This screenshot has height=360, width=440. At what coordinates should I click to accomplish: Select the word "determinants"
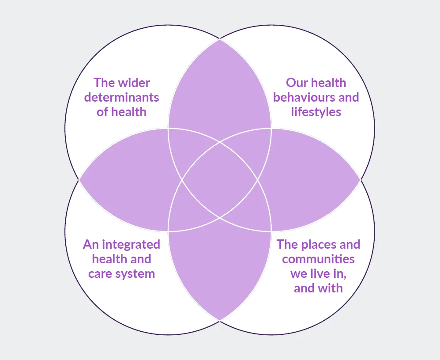[122, 97]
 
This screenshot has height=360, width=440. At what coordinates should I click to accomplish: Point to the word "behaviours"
[301, 97]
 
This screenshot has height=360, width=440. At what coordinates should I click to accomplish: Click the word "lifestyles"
[316, 112]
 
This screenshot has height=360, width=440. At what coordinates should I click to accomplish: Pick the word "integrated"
[132, 244]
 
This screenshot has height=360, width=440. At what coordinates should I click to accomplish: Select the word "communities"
[318, 259]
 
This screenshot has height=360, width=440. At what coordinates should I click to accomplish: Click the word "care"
[100, 274]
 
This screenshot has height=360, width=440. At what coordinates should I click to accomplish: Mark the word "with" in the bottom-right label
[330, 288]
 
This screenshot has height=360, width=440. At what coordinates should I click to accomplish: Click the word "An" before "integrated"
[90, 244]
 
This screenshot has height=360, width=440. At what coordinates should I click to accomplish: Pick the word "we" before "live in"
[298, 273]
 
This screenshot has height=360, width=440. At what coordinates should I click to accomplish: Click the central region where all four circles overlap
[220, 180]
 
